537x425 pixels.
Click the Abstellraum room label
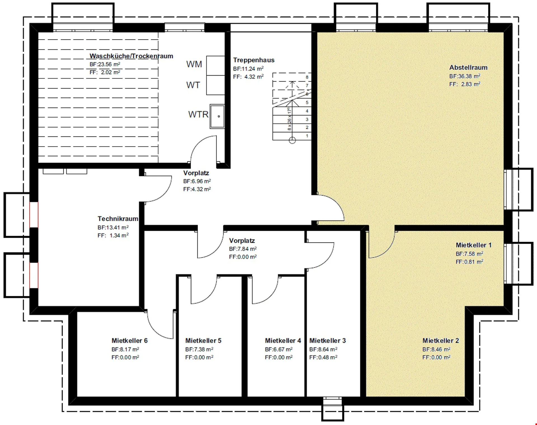(x=468, y=68)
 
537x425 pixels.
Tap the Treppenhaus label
(x=254, y=60)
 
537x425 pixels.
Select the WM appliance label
(x=194, y=64)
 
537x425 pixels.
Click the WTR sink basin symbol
(x=217, y=116)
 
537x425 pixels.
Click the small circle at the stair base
(x=292, y=140)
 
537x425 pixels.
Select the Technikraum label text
(x=118, y=219)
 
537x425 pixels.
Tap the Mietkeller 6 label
(x=129, y=341)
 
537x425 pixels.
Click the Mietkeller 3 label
(x=328, y=341)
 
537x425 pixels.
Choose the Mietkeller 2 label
(x=441, y=341)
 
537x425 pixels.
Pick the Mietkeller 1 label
(x=474, y=245)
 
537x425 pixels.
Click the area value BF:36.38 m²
(x=465, y=76)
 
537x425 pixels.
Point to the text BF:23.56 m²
(x=105, y=64)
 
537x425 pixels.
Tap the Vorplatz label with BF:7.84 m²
(x=242, y=241)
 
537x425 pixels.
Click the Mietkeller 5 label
(x=203, y=341)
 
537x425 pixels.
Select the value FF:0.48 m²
(x=323, y=357)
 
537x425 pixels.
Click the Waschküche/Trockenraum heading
(x=131, y=56)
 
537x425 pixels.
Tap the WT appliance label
(x=193, y=85)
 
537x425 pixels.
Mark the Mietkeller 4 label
(x=283, y=341)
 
